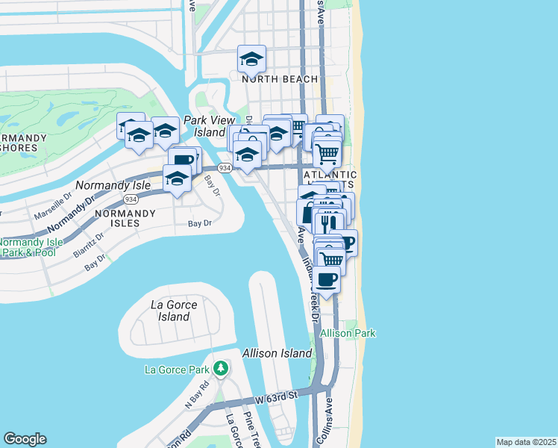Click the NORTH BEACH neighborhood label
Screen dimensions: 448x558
[279, 79]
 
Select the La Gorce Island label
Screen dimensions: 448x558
[170, 311]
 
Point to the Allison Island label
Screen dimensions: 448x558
[276, 352]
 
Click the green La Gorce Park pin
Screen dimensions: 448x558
[220, 368]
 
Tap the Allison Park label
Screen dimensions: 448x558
[348, 333]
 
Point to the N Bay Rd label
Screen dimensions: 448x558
[195, 395]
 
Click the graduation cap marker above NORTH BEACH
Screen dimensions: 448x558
[252, 58]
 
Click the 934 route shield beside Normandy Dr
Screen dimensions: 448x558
[131, 199]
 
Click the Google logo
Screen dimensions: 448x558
[25, 439]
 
